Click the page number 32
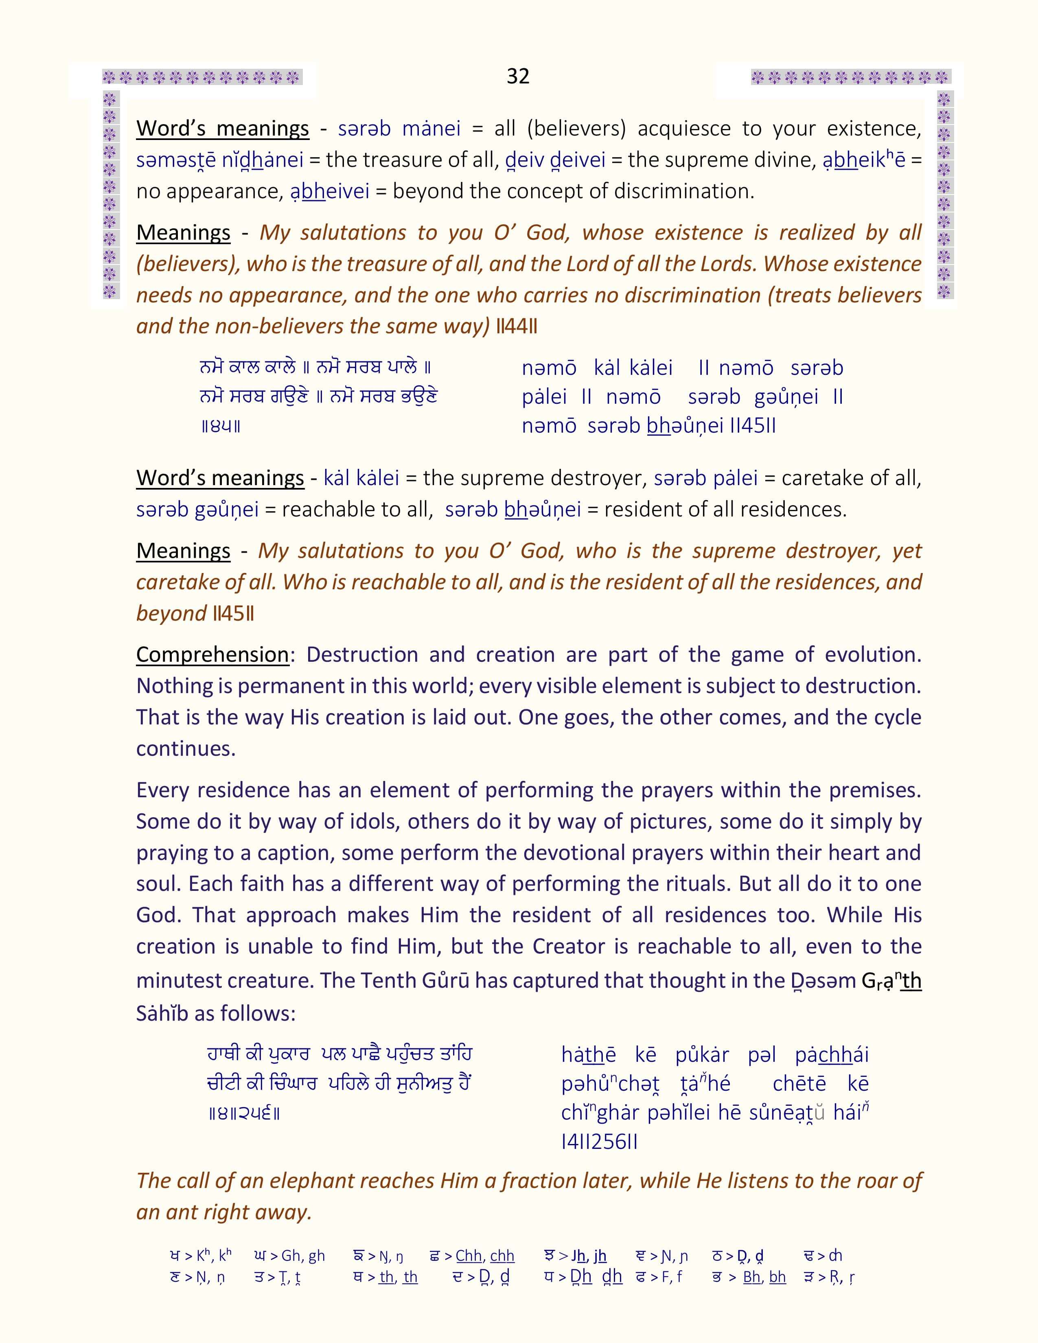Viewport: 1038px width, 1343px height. (x=518, y=76)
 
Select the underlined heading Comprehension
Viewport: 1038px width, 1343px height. (x=212, y=654)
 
